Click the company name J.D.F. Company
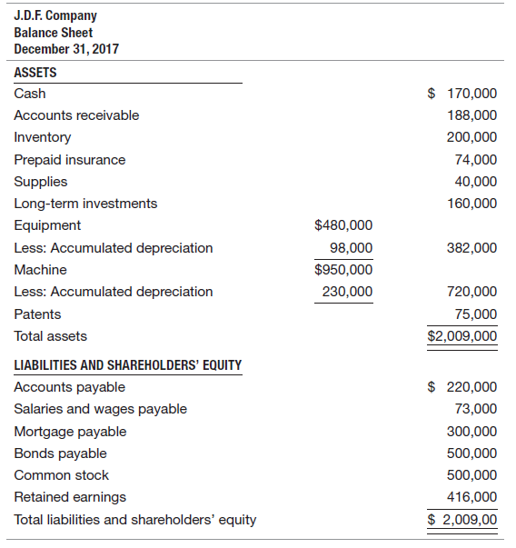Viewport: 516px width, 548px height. click(x=55, y=15)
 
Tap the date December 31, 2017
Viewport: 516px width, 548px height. click(x=66, y=48)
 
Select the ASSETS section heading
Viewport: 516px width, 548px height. click(x=35, y=73)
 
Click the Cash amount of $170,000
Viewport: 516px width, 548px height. click(x=462, y=93)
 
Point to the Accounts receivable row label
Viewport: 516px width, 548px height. click(x=76, y=115)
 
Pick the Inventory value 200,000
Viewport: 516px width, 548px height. click(x=472, y=137)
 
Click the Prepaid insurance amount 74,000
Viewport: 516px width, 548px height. click(x=476, y=159)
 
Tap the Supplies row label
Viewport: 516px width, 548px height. click(x=41, y=181)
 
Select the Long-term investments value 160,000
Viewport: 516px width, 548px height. click(x=472, y=204)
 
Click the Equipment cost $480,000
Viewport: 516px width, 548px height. click(x=342, y=225)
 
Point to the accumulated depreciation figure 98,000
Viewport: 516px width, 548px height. click(x=351, y=248)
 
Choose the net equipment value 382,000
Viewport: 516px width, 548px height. click(x=472, y=248)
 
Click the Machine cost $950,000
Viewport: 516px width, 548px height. click(x=342, y=270)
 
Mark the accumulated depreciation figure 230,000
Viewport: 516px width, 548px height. click(x=347, y=292)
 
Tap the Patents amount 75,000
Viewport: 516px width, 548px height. click(x=476, y=314)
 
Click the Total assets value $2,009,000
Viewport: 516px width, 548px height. click(x=462, y=336)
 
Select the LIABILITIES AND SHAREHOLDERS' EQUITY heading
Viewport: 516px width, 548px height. click(x=128, y=365)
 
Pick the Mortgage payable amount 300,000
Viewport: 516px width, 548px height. click(x=472, y=432)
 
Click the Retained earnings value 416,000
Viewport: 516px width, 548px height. click(x=472, y=497)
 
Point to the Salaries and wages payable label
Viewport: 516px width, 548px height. click(x=100, y=409)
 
